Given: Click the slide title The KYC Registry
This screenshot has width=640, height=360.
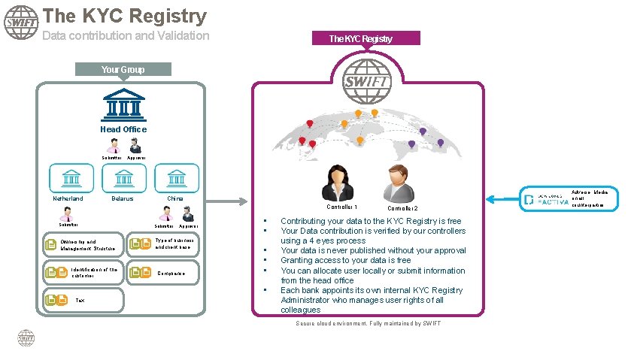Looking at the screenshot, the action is tap(124, 16).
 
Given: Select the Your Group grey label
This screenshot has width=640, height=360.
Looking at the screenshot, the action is tap(123, 70).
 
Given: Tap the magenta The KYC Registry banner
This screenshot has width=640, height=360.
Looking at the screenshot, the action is tap(360, 38).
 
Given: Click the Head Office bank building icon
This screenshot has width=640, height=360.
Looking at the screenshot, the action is tap(123, 106).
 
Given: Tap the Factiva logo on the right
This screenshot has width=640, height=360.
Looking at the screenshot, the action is tap(544, 199).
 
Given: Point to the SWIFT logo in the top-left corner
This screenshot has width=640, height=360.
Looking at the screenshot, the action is tap(21, 23).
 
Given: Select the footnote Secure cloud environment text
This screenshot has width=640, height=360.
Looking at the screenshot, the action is tap(368, 323).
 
